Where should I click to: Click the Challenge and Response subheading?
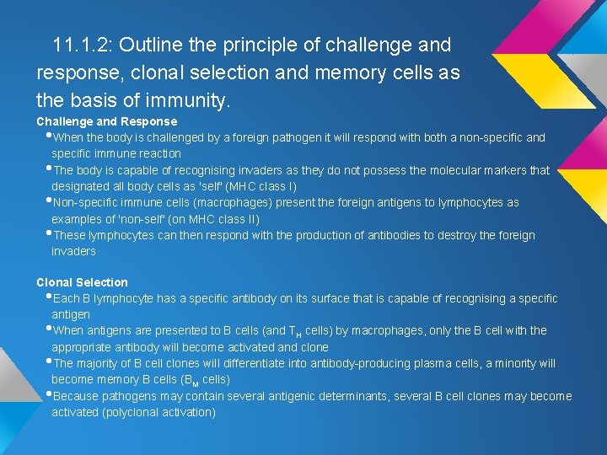(x=106, y=121)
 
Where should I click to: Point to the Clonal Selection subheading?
(x=82, y=282)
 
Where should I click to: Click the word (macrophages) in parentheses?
(x=234, y=202)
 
